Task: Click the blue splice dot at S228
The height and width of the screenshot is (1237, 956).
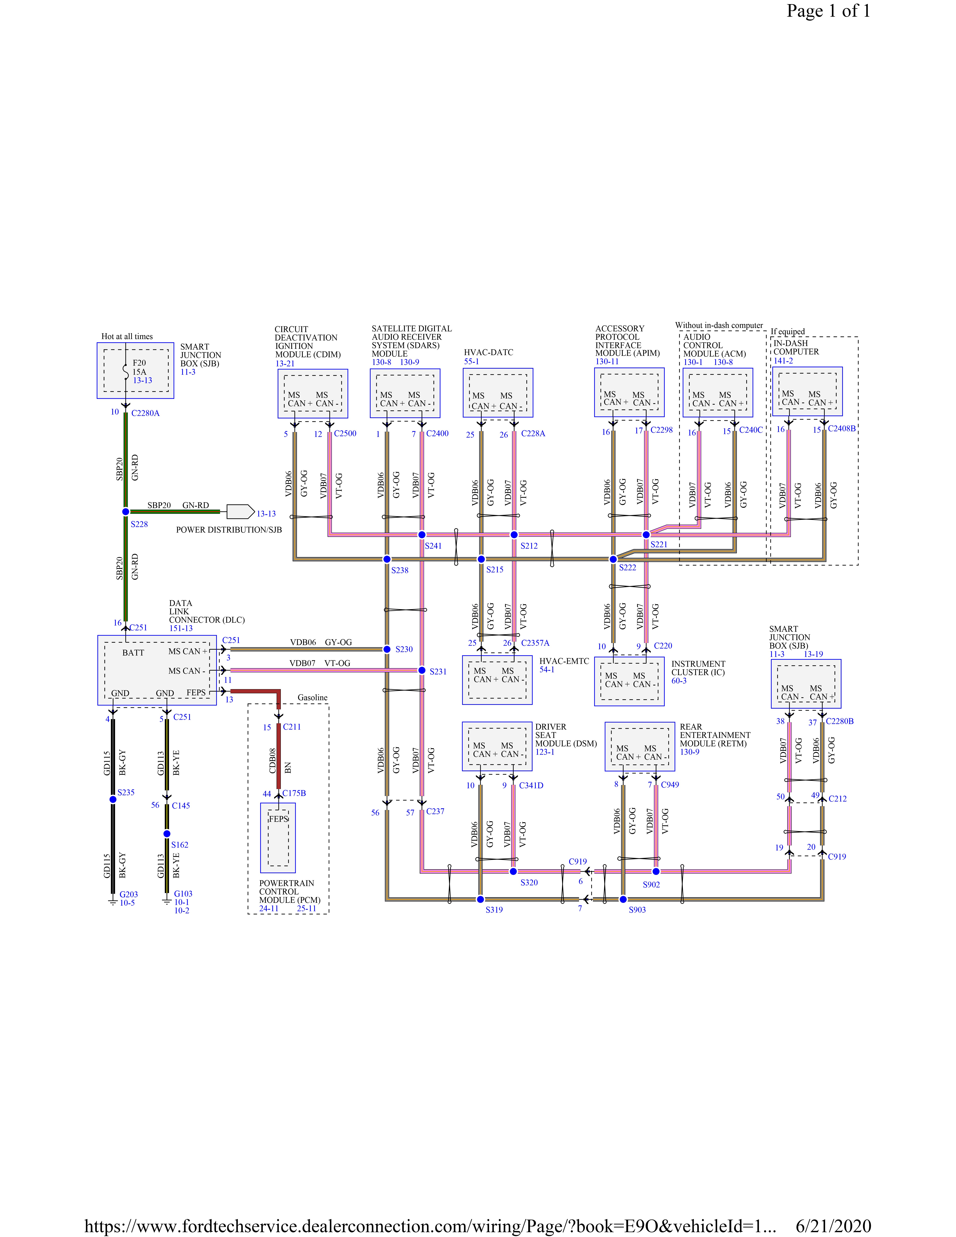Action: tap(126, 511)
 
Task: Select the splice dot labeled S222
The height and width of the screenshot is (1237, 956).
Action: tap(613, 559)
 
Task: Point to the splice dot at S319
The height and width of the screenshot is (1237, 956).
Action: tap(480, 899)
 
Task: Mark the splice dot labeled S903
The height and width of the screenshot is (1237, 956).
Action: tap(623, 899)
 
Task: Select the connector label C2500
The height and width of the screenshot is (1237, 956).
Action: tap(345, 433)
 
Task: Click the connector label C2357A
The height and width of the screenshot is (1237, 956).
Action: tap(535, 643)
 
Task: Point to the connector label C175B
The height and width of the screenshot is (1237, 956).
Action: tap(294, 793)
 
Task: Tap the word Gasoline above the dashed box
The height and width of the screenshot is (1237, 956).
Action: tap(313, 697)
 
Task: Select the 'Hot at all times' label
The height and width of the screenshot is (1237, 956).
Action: tap(127, 336)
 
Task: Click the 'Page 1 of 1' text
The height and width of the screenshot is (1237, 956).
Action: tap(828, 11)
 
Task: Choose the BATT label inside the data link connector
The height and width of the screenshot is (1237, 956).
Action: tap(133, 652)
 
